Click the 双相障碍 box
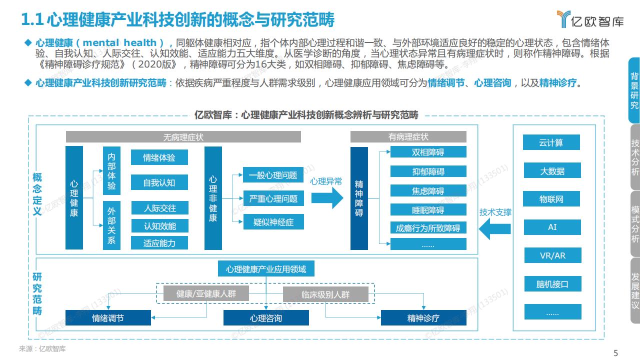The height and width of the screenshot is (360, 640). tap(428, 152)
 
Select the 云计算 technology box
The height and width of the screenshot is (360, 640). tap(551, 142)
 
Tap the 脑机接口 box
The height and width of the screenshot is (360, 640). tap(552, 283)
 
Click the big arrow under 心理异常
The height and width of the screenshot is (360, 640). tap(327, 197)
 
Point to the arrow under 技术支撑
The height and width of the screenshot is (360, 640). tap(495, 228)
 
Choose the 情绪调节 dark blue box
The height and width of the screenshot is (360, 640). tap(108, 317)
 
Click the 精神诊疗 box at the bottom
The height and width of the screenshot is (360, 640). tap(423, 317)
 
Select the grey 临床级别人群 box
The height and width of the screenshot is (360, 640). tap(325, 294)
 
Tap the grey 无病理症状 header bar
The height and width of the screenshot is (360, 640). tap(183, 137)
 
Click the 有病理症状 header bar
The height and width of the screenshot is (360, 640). tap(408, 137)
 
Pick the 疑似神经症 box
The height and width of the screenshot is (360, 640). tap(273, 221)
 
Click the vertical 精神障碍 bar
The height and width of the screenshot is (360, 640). tap(359, 198)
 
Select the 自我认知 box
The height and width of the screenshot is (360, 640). tap(159, 182)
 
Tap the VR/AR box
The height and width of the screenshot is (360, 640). tap(552, 255)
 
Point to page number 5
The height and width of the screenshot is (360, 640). tap(615, 353)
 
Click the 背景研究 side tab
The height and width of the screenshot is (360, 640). tap(634, 90)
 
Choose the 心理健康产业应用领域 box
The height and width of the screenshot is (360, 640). tap(266, 268)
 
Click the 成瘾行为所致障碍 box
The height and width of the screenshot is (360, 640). tap(428, 227)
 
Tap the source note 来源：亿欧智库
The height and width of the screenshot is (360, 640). tap(42, 348)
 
